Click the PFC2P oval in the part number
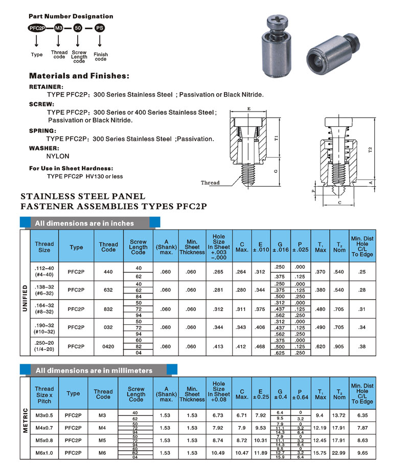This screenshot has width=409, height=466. [x=37, y=29]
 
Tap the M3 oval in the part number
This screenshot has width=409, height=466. [x=59, y=29]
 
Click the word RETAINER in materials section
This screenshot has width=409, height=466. [x=47, y=87]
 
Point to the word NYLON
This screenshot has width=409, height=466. [x=57, y=156]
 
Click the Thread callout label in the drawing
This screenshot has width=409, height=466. [x=210, y=183]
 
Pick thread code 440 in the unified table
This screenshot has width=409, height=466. [x=108, y=272]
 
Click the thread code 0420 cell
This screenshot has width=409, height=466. [x=108, y=346]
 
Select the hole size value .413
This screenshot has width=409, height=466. [x=219, y=346]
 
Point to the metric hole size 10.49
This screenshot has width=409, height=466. [x=219, y=453]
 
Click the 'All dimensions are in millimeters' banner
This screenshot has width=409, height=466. [x=94, y=370]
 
